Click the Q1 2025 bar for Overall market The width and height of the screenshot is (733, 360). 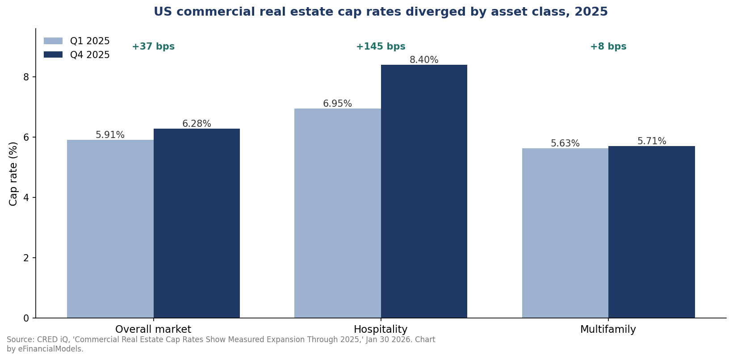(x=110, y=229)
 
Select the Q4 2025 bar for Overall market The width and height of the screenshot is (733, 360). (x=197, y=223)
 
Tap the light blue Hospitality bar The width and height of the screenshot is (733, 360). (x=337, y=213)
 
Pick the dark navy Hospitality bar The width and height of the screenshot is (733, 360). (x=424, y=191)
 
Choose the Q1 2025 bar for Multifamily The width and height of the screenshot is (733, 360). (x=565, y=233)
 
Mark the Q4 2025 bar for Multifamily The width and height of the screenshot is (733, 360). (x=652, y=232)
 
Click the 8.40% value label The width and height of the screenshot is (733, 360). (x=424, y=60)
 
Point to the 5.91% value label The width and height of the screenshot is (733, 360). (x=110, y=135)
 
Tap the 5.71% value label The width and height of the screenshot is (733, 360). (x=652, y=141)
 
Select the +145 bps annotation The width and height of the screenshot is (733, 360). (x=381, y=46)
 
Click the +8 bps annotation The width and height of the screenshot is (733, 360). (x=608, y=46)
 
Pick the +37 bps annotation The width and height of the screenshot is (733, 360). (x=153, y=46)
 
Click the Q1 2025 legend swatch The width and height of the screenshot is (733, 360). (x=53, y=41)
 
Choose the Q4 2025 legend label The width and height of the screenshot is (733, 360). (x=90, y=54)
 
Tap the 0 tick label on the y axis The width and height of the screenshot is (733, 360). (x=26, y=318)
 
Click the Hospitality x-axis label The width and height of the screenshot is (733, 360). (x=381, y=329)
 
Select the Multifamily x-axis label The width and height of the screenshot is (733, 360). (x=608, y=329)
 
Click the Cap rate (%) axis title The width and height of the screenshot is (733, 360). (x=13, y=174)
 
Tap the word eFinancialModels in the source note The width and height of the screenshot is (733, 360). (x=51, y=349)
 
